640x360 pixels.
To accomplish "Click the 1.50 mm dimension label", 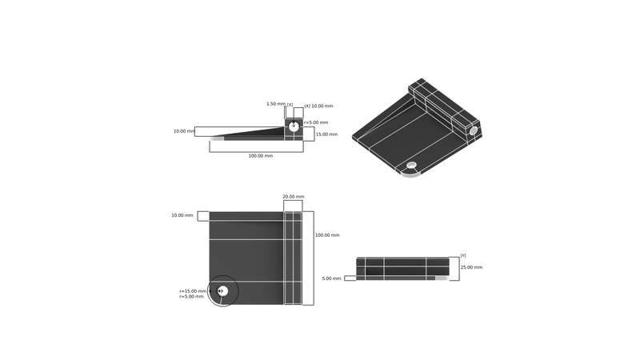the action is (x=275, y=104).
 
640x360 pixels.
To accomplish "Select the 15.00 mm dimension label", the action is (x=326, y=134).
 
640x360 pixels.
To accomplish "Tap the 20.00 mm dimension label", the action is (x=294, y=197).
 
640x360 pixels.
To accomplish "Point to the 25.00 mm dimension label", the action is (x=471, y=267).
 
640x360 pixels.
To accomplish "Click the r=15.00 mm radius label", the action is (x=193, y=291).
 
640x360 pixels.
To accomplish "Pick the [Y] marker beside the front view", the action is (x=463, y=255).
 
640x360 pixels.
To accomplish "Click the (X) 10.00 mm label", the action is (x=318, y=106).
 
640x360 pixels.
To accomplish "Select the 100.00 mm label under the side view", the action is (x=261, y=156).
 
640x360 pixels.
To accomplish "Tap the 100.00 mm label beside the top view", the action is (x=327, y=235).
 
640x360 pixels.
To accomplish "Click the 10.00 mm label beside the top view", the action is (x=182, y=215).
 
